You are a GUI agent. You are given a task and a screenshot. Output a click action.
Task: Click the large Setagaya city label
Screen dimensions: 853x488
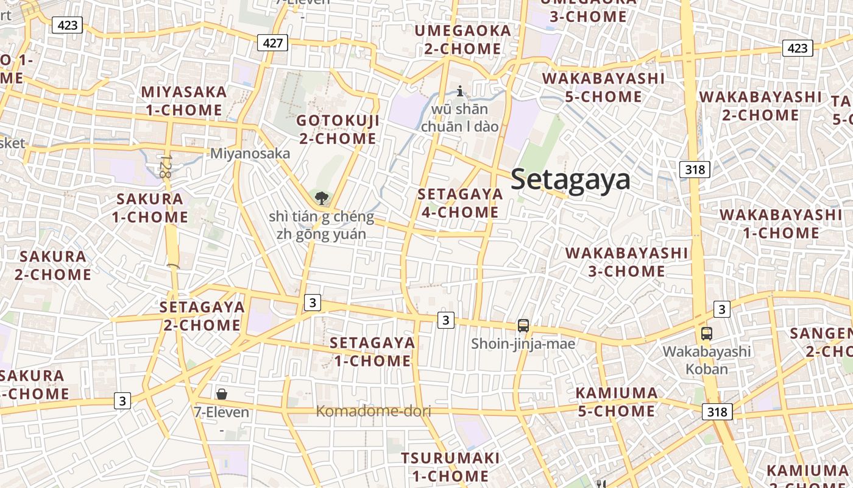[x=570, y=180]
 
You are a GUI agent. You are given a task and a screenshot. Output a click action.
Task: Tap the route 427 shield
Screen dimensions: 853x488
[x=272, y=42]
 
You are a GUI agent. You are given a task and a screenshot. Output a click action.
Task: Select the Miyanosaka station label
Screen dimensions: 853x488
[x=250, y=153]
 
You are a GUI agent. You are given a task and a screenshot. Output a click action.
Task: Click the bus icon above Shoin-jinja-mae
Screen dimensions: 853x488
[x=523, y=326]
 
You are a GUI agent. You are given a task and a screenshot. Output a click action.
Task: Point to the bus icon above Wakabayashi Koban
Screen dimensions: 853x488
[x=707, y=334]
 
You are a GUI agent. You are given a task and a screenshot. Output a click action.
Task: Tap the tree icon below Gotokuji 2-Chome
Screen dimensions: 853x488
[x=321, y=198]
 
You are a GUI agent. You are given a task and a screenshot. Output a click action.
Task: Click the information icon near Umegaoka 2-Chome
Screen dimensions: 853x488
[x=460, y=91]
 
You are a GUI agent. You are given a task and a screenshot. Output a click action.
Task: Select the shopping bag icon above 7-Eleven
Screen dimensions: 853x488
[x=222, y=394]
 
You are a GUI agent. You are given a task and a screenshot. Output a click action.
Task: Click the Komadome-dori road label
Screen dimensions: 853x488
[x=373, y=411]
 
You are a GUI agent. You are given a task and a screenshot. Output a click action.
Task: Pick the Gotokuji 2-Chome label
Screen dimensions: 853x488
[x=338, y=129]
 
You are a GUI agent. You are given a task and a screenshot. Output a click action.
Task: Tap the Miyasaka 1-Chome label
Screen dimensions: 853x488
[x=184, y=101]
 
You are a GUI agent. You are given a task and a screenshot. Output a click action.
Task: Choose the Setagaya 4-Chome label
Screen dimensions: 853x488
[x=460, y=203]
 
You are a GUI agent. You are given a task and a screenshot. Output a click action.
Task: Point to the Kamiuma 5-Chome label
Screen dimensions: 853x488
[x=617, y=402]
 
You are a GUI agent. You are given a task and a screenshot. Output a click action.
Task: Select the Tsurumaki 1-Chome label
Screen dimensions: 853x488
[x=450, y=467]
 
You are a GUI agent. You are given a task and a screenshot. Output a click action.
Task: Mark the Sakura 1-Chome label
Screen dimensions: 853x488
[x=150, y=208]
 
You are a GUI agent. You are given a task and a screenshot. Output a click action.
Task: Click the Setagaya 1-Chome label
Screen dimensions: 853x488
[x=372, y=351]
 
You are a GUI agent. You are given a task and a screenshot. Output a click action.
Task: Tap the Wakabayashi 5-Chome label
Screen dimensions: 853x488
[x=603, y=87]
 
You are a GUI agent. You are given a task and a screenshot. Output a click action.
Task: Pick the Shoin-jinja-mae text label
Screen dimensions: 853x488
[x=523, y=344]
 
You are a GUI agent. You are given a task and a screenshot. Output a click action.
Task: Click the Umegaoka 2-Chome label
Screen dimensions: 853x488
[x=462, y=40]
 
